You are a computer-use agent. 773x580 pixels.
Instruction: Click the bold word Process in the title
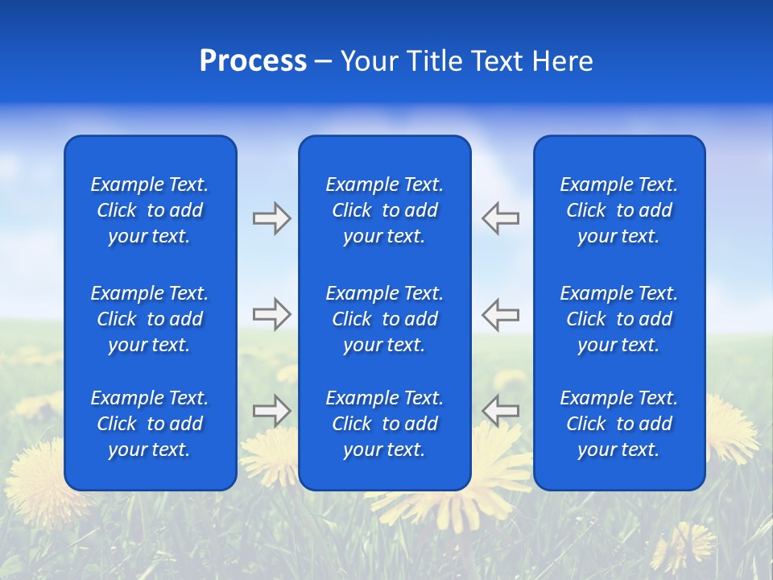[x=253, y=61]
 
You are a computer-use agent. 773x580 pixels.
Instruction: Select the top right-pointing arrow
[x=271, y=218]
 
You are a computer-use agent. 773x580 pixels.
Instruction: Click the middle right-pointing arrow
[x=271, y=314]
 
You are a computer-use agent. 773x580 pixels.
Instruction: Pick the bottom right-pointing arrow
[x=271, y=410]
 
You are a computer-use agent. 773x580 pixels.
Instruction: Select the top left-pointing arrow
[x=501, y=218]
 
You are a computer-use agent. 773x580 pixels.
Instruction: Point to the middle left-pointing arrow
[x=501, y=314]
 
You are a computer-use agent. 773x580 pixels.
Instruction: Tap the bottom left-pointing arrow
[x=501, y=410]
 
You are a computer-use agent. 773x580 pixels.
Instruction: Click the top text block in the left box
[x=150, y=210]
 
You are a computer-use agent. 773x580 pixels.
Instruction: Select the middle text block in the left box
[x=150, y=319]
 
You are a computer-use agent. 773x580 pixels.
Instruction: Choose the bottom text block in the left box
[x=150, y=424]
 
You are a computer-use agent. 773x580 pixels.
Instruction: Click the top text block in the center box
[x=384, y=210]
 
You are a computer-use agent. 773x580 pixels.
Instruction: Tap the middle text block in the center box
[x=384, y=319]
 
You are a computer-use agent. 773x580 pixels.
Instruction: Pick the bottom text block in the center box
[x=384, y=424]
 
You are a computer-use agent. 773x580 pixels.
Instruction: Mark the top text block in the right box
[x=619, y=210]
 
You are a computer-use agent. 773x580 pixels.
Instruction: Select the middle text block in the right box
[x=619, y=319]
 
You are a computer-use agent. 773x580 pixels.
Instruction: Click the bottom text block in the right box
[x=619, y=424]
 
